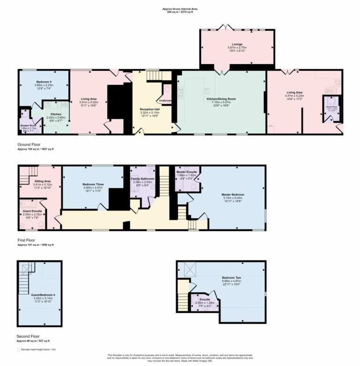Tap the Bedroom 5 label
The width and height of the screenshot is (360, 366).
pos(45,82)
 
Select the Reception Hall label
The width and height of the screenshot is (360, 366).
pos(150,109)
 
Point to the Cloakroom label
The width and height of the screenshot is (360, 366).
pos(165,100)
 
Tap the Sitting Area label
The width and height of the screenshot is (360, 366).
pos(39,180)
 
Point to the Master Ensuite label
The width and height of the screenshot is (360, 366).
pos(186,172)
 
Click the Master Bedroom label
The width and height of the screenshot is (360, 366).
pos(233,194)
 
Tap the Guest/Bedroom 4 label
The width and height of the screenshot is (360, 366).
pos(40,295)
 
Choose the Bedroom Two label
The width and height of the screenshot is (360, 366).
pos(232,277)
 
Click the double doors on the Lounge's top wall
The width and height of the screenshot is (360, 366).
pos(227,27)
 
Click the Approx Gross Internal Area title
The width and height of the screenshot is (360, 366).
pos(180,9)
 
